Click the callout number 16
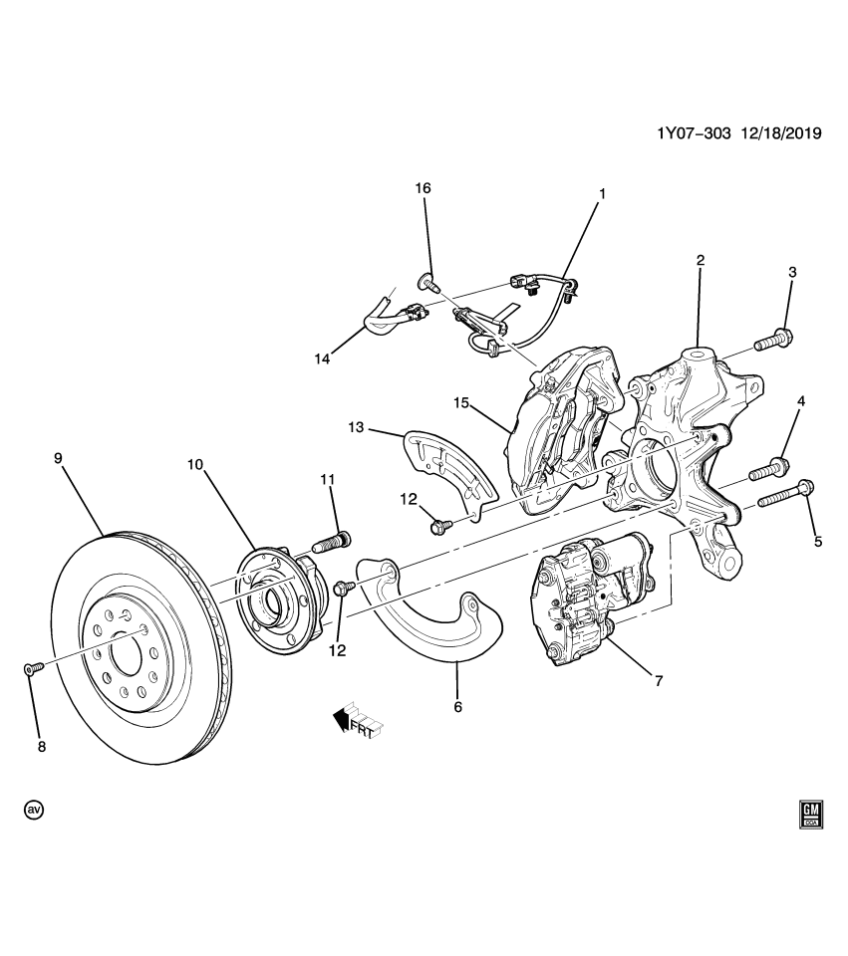click(x=423, y=188)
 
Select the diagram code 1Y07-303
click(x=694, y=132)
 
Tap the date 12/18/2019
click(x=781, y=132)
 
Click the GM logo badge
click(x=811, y=815)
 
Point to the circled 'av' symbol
click(x=34, y=810)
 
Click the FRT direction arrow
click(x=358, y=719)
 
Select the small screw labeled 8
click(x=33, y=669)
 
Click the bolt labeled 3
click(x=773, y=340)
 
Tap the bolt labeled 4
click(x=768, y=469)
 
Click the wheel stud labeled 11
click(x=331, y=540)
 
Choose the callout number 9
click(x=58, y=458)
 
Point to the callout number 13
click(x=356, y=428)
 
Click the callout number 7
click(x=659, y=681)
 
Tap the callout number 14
click(x=322, y=359)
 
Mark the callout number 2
click(x=701, y=260)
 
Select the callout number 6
click(x=457, y=707)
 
